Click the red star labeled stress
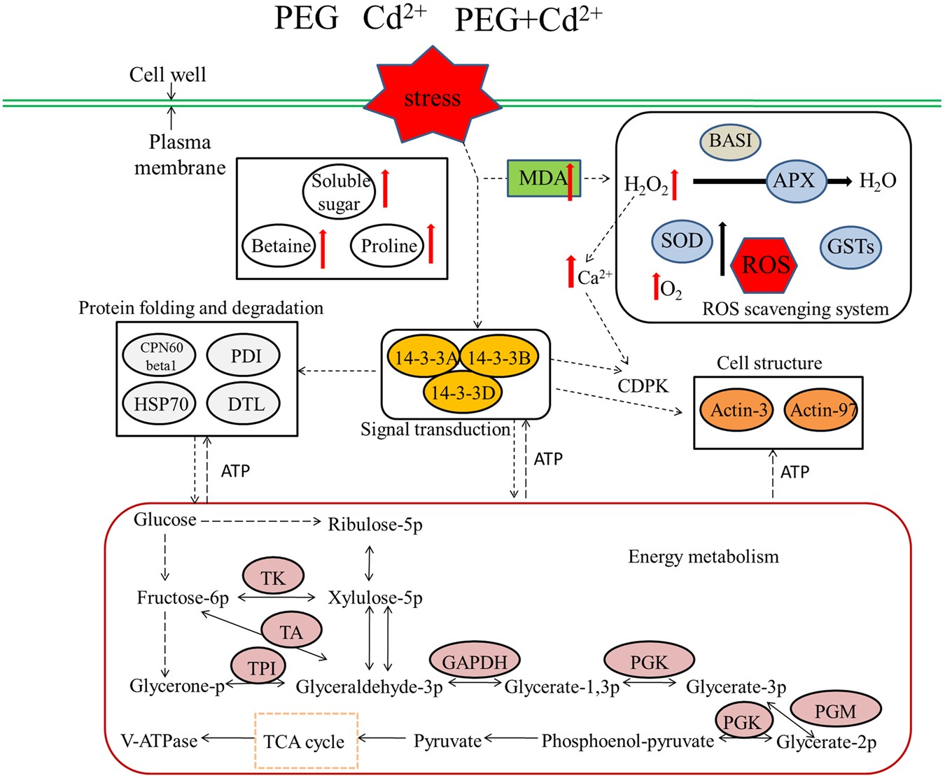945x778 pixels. tap(432, 97)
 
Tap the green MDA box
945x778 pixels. tap(543, 178)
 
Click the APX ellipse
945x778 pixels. tap(795, 181)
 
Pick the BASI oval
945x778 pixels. tap(730, 141)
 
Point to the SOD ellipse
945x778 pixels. tap(682, 241)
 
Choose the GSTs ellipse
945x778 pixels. tap(850, 247)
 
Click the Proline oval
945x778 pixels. tap(388, 246)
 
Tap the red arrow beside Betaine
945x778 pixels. tap(323, 248)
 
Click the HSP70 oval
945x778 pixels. tap(160, 404)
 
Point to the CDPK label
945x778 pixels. tap(643, 386)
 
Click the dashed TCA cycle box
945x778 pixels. tap(306, 741)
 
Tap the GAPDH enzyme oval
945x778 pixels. tap(475, 661)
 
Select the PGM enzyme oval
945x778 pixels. tap(835, 711)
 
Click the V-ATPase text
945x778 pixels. tap(159, 740)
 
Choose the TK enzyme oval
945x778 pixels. tap(274, 578)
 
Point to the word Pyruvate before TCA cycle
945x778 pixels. tap(447, 741)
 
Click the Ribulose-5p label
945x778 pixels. tap(375, 524)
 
